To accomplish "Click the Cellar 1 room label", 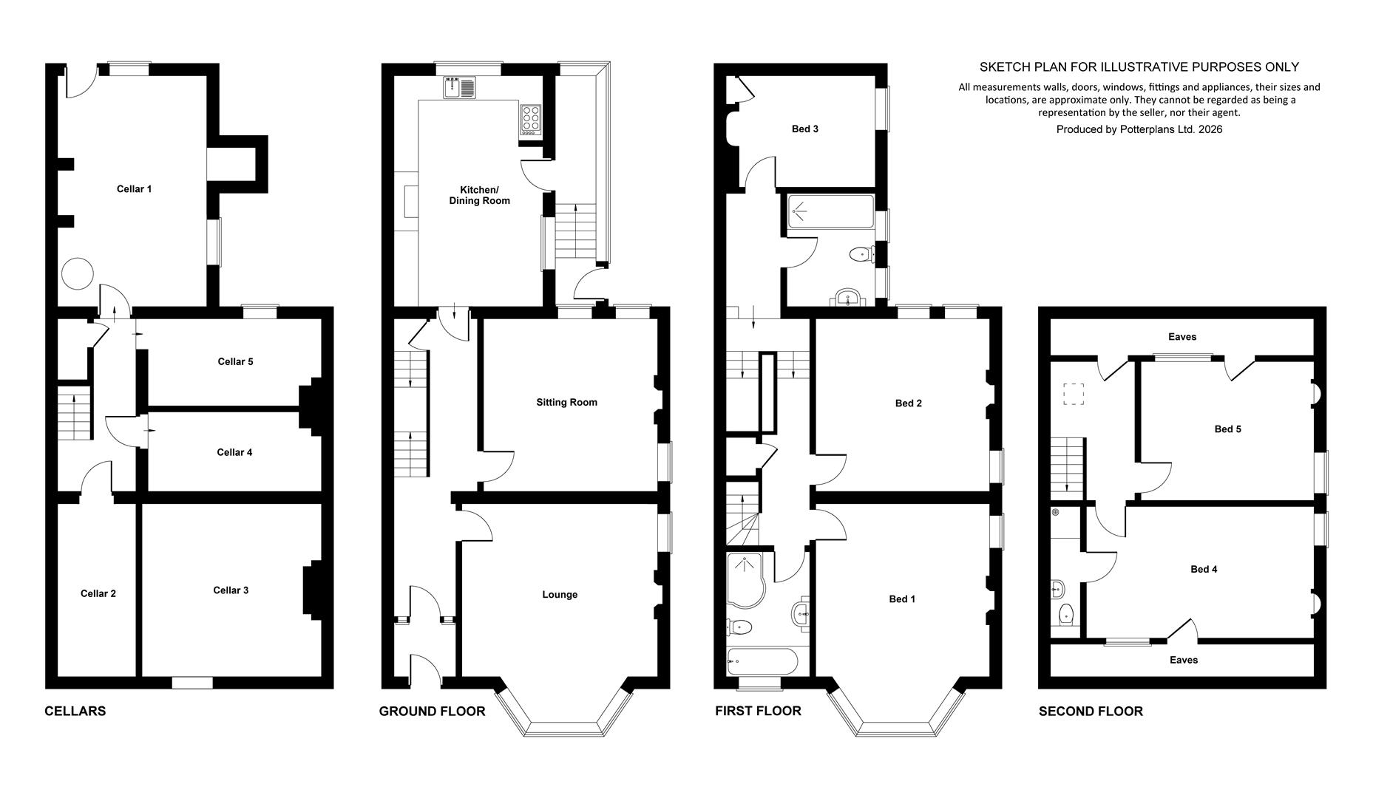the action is (134, 189).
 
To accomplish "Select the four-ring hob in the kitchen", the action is (531, 118).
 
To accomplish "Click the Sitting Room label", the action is (566, 403).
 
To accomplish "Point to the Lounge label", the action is (560, 595).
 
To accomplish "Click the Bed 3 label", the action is (805, 129).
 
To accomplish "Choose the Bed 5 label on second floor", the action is (1228, 429).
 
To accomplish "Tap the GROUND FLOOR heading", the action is (433, 712).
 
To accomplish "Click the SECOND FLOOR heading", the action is (1091, 712).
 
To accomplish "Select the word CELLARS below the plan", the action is (75, 712).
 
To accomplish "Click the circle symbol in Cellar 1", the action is (77, 273).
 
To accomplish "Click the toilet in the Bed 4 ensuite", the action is (1065, 614).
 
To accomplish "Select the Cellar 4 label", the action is (234, 453).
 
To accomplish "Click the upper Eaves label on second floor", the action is (1182, 337).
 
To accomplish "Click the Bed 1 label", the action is (902, 599).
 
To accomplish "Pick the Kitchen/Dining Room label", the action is (480, 195).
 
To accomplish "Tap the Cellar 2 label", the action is (98, 594).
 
